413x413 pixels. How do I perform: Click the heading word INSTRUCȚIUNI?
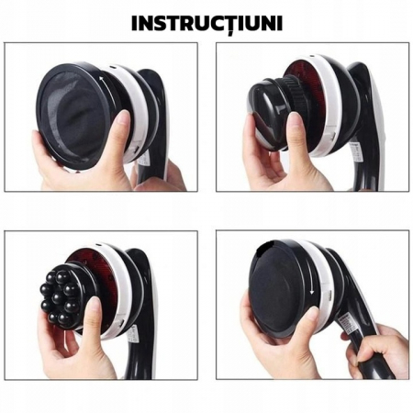[206, 24]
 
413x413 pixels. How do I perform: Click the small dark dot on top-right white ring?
[311, 56]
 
